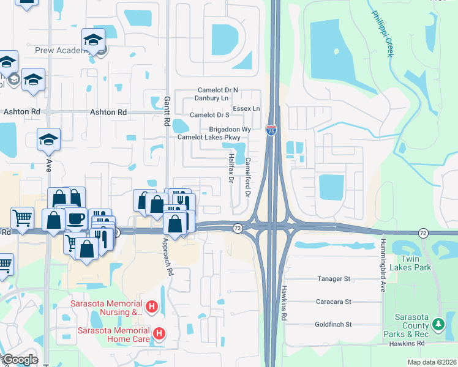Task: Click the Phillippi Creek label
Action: [381, 33]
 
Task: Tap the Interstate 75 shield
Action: [271, 130]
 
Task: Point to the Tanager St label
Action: [333, 279]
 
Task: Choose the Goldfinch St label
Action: [333, 325]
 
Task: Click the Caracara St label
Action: [333, 302]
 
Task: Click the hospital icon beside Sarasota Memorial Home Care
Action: [159, 333]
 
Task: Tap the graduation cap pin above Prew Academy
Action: [93, 41]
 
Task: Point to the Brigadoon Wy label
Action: [230, 130]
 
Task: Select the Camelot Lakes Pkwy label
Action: [209, 138]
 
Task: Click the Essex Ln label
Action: [247, 108]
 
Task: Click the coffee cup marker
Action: [76, 219]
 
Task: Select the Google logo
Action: [20, 360]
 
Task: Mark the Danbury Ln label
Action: [211, 98]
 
